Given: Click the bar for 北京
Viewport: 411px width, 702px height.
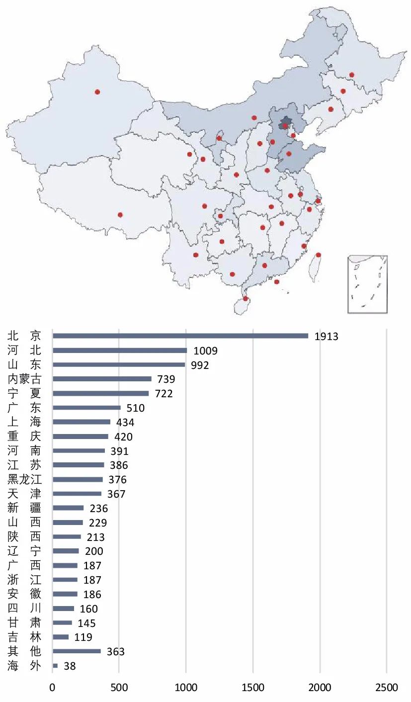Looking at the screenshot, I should pos(180,336).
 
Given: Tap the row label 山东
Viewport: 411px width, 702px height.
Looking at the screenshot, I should pos(24,365).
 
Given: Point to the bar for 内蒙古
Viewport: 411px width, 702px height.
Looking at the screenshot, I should pos(102,379).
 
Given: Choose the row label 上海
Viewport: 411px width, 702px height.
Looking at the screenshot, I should pos(24,422).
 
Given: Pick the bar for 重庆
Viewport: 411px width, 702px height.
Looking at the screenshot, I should pos(80,437).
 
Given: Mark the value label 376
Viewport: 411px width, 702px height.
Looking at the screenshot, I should pos(117,480).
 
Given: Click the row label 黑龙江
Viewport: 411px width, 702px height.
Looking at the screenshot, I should pos(24,480).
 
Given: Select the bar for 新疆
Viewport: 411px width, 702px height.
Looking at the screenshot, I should pos(68,508).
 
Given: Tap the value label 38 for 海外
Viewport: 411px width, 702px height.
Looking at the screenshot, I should pos(70,666).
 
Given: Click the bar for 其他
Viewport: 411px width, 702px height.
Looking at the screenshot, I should pos(77,651).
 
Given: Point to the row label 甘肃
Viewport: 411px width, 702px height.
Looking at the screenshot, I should pos(24,622).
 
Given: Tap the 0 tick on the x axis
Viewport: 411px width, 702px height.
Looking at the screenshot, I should pos(52,688).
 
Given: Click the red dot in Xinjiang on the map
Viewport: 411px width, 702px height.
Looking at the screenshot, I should pos(97,92).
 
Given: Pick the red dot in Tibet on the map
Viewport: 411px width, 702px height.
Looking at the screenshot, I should pos(120,215).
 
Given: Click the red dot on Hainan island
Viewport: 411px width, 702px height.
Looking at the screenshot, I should pos(246,299).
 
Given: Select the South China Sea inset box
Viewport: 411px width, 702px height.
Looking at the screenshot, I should pos(367,284).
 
